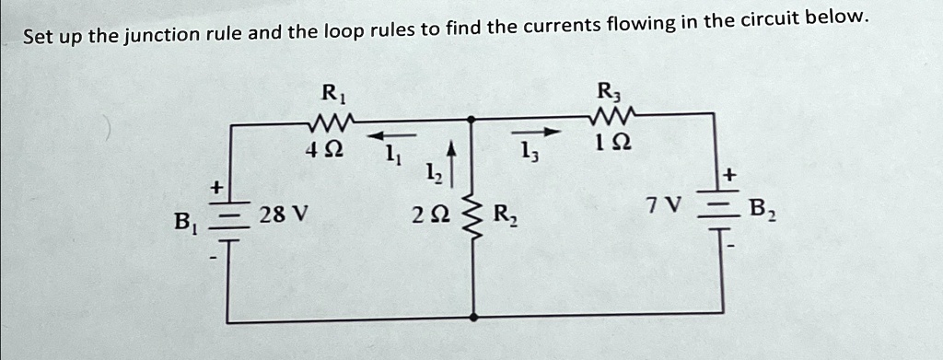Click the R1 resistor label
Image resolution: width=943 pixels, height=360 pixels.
329,93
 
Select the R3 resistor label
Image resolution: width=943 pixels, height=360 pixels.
609,92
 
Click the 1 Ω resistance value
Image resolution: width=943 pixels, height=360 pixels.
611,145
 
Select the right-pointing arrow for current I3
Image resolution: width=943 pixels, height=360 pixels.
543,132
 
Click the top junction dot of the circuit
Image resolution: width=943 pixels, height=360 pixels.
472,119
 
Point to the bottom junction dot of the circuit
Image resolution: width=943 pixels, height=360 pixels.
473,316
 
